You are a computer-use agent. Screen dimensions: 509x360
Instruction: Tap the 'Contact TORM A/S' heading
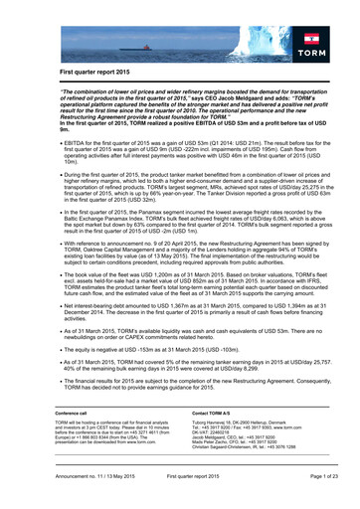pyautogui.click(x=208, y=413)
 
